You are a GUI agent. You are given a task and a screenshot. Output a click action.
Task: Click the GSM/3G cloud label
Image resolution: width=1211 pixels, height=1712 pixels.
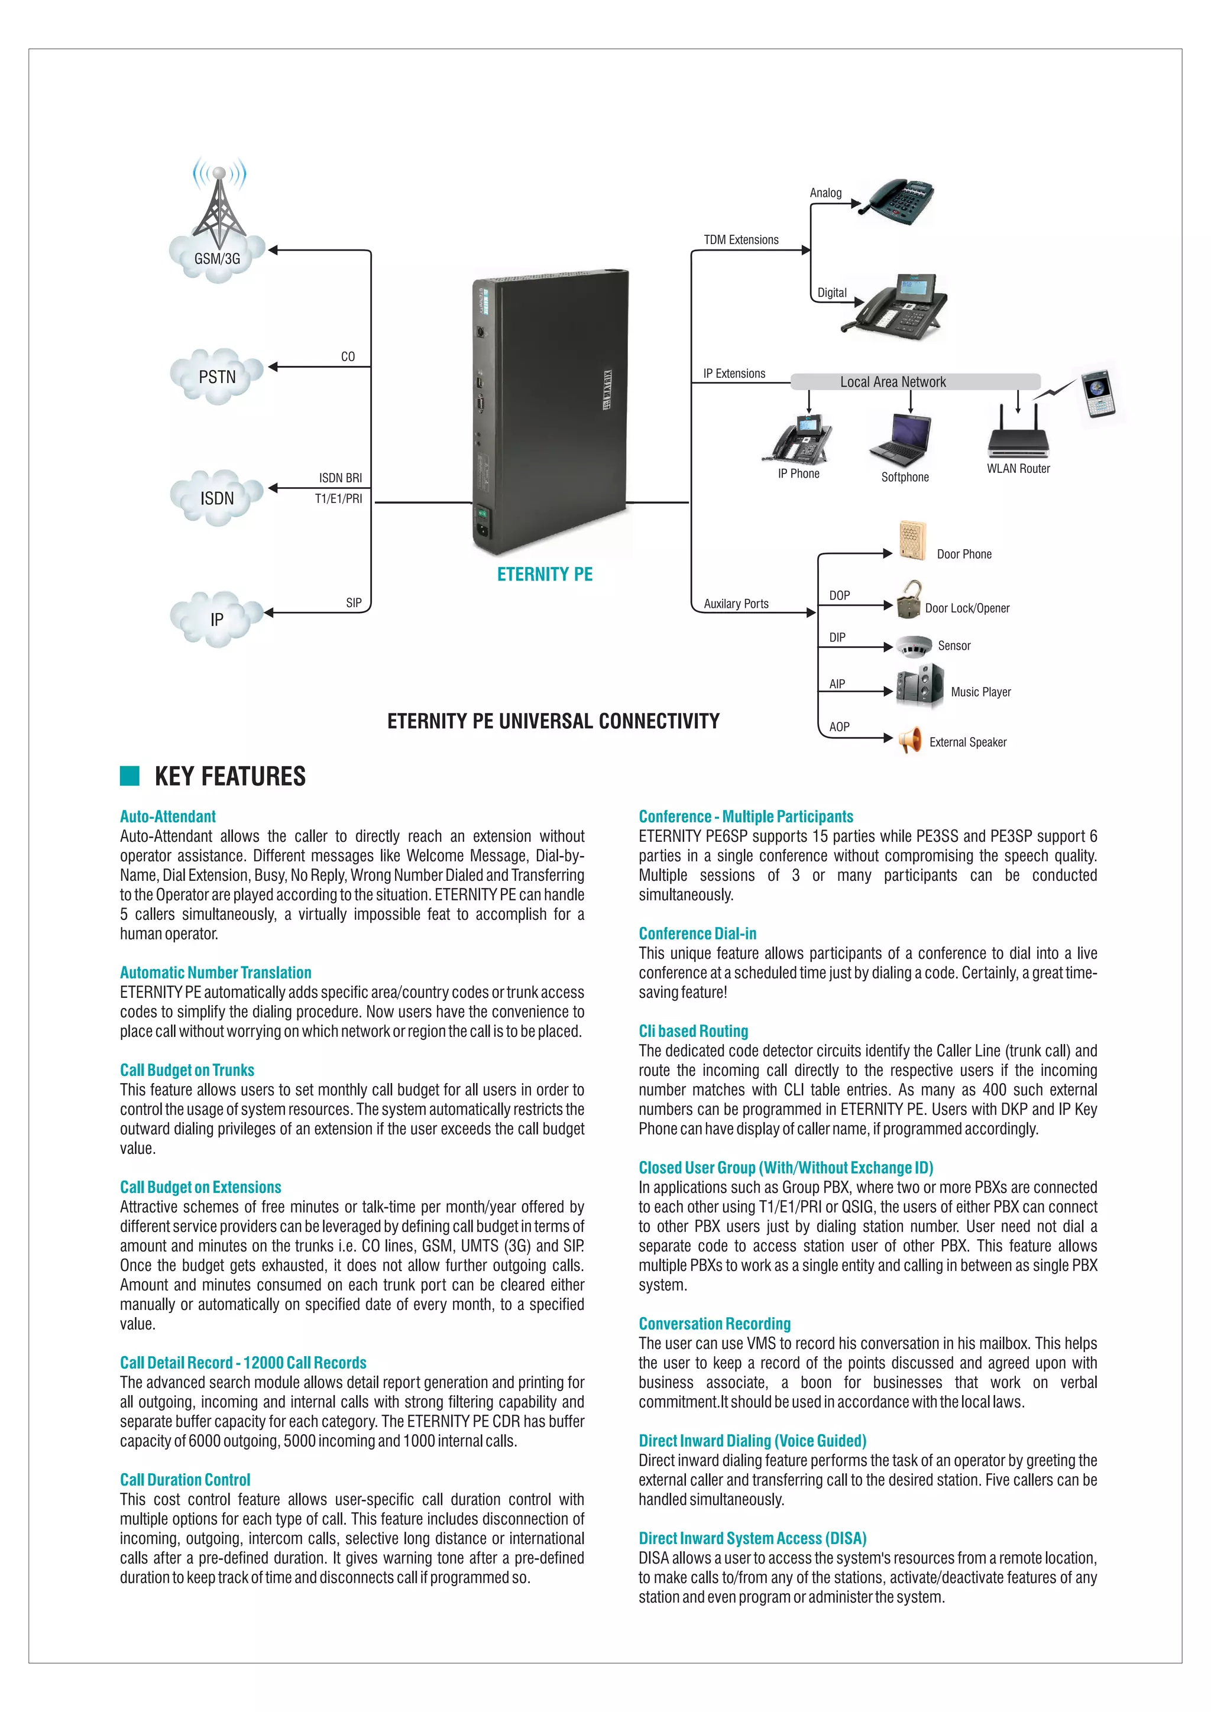(217, 259)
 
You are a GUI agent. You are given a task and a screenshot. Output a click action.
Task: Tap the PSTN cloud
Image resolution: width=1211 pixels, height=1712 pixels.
(217, 377)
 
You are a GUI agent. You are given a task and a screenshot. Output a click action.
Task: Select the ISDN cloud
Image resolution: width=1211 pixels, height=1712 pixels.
(217, 498)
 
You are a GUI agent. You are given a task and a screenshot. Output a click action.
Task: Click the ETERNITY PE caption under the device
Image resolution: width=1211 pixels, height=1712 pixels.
(545, 574)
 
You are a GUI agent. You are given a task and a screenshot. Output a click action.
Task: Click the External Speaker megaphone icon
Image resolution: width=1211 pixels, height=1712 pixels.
(910, 740)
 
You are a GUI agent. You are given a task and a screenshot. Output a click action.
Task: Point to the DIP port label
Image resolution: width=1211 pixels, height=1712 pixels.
(837, 637)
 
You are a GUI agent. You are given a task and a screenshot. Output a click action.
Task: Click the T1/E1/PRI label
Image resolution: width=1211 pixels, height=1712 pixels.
(339, 499)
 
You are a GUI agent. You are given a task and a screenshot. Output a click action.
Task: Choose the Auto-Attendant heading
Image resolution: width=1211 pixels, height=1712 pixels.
(168, 816)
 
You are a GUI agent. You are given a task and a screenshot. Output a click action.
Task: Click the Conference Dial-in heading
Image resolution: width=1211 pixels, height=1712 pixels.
(697, 933)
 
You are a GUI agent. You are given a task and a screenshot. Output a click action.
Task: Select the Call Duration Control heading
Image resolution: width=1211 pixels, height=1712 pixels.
(185, 1479)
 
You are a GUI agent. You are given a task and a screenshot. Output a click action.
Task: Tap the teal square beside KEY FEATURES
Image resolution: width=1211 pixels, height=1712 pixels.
(129, 776)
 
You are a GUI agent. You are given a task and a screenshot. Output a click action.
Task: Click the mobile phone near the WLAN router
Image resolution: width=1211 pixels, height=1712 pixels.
(1099, 393)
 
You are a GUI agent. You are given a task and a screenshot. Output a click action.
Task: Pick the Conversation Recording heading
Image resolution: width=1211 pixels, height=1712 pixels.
(714, 1324)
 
